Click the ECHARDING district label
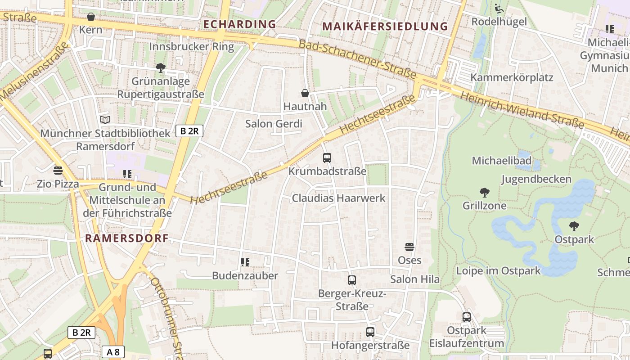(239, 24)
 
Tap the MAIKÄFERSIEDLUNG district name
(385, 27)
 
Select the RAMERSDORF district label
(127, 238)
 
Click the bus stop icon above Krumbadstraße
(327, 158)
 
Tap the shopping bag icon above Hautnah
(305, 93)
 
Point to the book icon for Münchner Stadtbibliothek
(105, 120)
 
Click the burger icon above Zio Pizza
(58, 171)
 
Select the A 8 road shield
(113, 352)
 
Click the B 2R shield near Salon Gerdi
(189, 131)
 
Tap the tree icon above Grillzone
(485, 193)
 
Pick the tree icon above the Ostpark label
(574, 226)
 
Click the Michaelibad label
(501, 161)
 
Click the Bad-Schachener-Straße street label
(357, 58)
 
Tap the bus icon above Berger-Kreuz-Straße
(352, 280)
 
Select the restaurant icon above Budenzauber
(245, 262)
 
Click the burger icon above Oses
(409, 247)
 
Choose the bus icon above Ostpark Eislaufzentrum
(467, 317)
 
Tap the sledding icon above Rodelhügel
(499, 9)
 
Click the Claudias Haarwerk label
(339, 198)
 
